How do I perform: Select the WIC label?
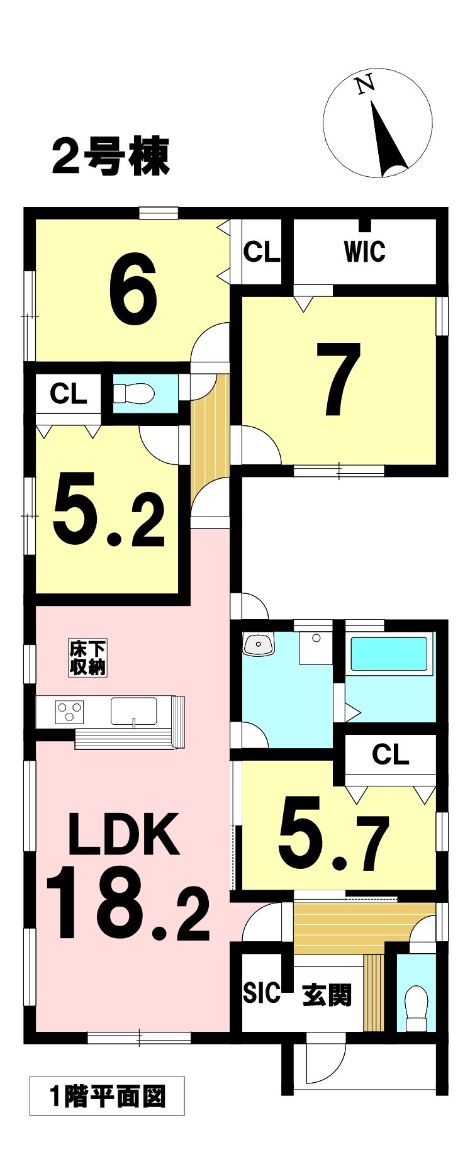[364, 252]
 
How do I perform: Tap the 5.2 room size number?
[109, 509]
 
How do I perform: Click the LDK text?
[123, 834]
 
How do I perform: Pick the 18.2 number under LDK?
[127, 903]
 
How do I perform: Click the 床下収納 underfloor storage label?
[87, 658]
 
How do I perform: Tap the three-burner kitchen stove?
[70, 712]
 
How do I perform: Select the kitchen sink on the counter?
[133, 711]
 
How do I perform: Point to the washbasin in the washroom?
[259, 645]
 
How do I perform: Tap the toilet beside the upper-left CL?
[133, 394]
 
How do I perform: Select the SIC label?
[262, 992]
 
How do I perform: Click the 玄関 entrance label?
[327, 995]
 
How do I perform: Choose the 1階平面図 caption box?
[107, 1096]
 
